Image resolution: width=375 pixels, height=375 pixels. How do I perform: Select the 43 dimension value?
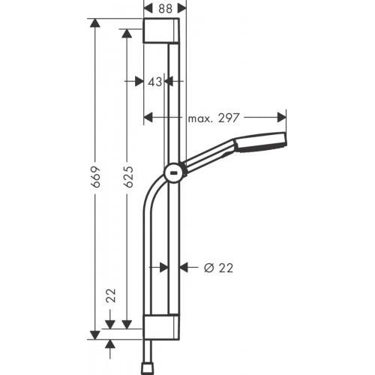pos(154,82)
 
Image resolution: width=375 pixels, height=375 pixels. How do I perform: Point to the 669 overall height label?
pos(95,178)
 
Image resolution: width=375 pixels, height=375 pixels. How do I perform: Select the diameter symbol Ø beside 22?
pos(210,267)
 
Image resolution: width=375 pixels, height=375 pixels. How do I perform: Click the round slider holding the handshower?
pos(172,172)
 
